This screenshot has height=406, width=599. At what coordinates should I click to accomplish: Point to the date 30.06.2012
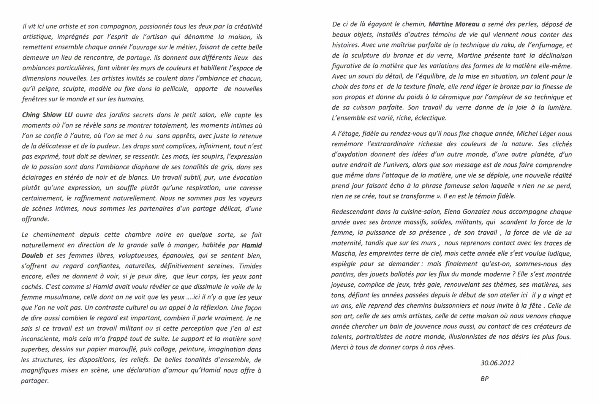click(x=497, y=363)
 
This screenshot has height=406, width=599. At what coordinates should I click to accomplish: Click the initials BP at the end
click(x=484, y=379)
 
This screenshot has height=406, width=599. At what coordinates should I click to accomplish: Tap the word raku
click(x=474, y=45)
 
